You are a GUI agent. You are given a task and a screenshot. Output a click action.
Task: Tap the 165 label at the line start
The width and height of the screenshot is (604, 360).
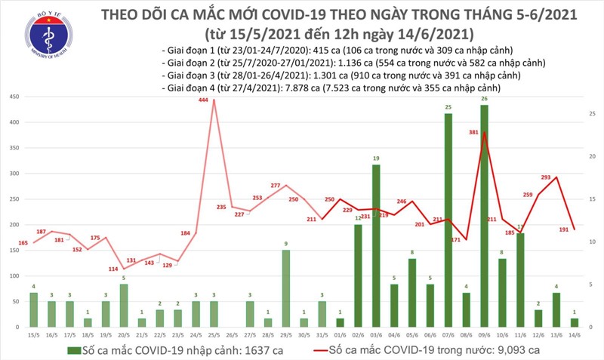point(23,242)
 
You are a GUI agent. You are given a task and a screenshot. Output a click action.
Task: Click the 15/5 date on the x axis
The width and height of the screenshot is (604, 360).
point(34,334)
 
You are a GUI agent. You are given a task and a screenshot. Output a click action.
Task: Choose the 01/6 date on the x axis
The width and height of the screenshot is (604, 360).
point(340,334)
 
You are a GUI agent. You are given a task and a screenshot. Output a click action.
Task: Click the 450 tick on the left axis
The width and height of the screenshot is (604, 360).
point(14,97)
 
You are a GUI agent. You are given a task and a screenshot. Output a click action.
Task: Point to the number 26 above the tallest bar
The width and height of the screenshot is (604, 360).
point(483,99)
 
